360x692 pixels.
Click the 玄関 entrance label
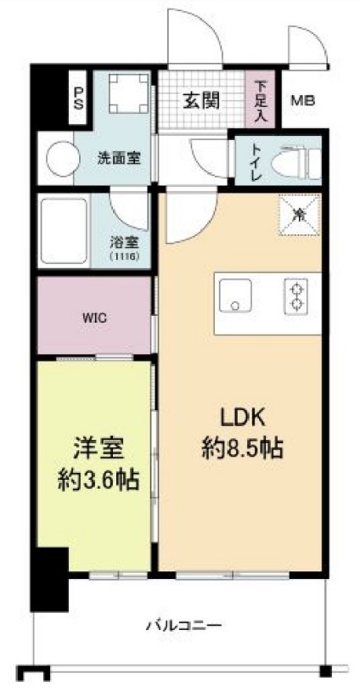click(201, 99)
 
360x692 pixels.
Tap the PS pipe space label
click(79, 98)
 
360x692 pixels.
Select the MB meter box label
click(303, 101)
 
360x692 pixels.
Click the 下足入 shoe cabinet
click(260, 101)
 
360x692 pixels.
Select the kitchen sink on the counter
click(234, 298)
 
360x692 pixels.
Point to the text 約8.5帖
click(243, 447)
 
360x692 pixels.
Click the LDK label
click(244, 417)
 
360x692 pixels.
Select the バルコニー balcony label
click(183, 627)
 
